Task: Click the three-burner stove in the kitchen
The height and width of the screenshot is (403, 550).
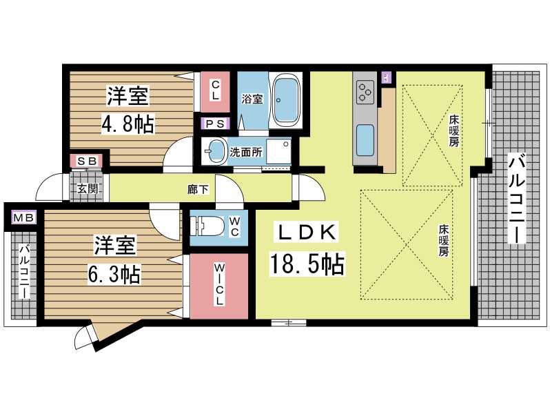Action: (365, 92)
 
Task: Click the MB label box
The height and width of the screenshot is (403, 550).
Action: (23, 217)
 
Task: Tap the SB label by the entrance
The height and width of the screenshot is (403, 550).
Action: (87, 161)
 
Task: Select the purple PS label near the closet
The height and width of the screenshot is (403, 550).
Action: (215, 124)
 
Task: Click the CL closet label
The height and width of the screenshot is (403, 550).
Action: (215, 90)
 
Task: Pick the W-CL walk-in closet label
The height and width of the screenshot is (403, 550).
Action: (219, 284)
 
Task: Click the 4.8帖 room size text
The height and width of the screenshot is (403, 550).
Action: (128, 124)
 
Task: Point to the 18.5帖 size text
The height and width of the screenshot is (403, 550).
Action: (307, 264)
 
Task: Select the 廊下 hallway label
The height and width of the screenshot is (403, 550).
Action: (198, 190)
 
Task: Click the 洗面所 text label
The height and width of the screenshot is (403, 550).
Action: (245, 152)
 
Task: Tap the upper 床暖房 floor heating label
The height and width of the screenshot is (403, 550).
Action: (454, 131)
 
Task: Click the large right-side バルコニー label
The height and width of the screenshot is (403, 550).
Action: (517, 199)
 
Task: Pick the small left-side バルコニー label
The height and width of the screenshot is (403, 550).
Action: (24, 273)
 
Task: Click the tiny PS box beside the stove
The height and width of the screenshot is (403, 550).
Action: (386, 77)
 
